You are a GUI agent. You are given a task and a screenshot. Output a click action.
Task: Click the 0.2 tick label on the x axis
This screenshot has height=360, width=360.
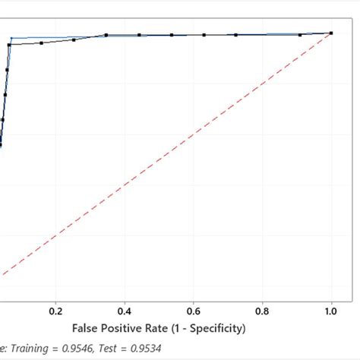(x=55, y=311)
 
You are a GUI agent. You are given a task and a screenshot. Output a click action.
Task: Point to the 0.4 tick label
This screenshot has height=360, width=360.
(x=125, y=311)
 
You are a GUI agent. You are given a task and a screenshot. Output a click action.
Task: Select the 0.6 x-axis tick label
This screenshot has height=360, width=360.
(x=194, y=311)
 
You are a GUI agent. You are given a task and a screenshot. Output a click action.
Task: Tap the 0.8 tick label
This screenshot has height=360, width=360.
(x=263, y=311)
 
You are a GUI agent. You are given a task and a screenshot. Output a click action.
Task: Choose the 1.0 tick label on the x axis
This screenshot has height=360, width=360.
(x=332, y=311)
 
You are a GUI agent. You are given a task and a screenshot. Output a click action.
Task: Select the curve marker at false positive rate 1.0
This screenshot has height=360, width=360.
(x=331, y=33)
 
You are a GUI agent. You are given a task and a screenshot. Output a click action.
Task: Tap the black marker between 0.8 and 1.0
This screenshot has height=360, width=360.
(x=300, y=35)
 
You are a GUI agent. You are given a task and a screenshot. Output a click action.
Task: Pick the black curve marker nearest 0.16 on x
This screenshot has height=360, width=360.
(x=41, y=43)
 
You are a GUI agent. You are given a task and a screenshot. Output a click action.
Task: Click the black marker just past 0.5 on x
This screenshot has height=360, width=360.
(x=172, y=35)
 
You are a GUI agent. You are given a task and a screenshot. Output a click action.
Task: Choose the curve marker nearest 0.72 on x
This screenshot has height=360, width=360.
(x=236, y=35)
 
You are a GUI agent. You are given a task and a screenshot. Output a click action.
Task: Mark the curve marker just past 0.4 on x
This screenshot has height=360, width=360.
(x=140, y=34)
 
